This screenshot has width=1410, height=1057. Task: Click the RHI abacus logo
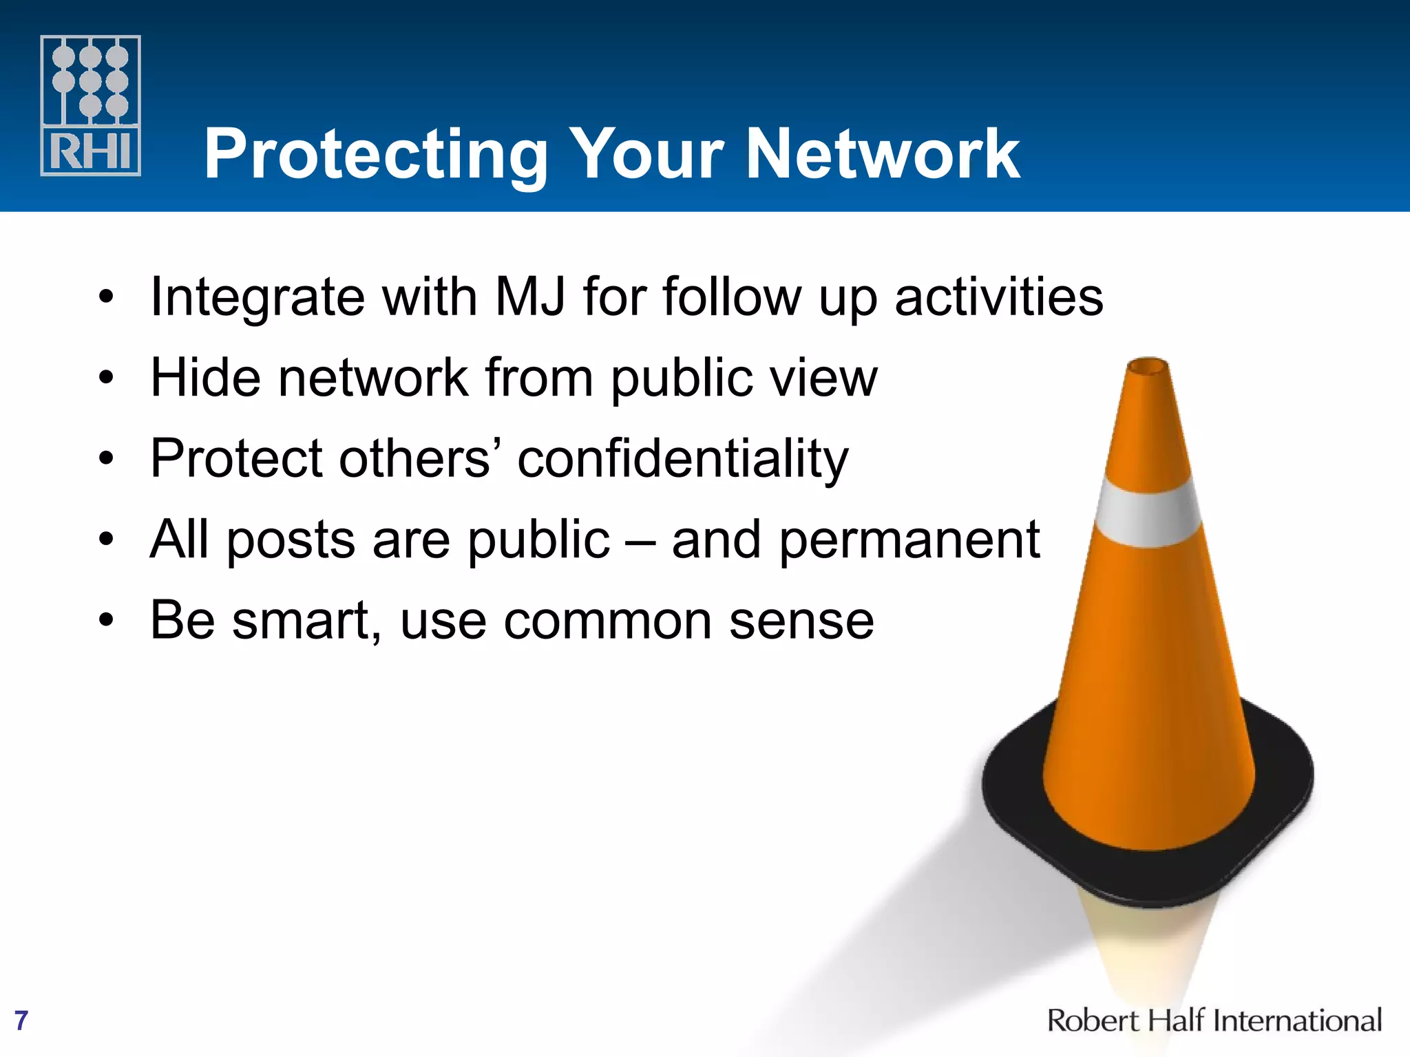point(90,105)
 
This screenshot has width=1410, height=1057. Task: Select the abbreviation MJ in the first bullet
point(530,297)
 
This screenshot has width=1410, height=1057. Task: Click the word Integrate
point(257,297)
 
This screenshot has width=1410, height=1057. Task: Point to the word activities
point(998,297)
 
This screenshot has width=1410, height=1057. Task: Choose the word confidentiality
point(682,459)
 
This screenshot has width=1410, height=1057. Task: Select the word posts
point(291,540)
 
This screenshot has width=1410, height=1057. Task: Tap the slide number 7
point(21,1021)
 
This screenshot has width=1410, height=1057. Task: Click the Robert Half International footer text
point(1214,1021)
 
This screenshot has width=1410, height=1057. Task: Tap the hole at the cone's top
point(1148,366)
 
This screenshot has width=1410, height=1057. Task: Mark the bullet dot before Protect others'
point(105,459)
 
